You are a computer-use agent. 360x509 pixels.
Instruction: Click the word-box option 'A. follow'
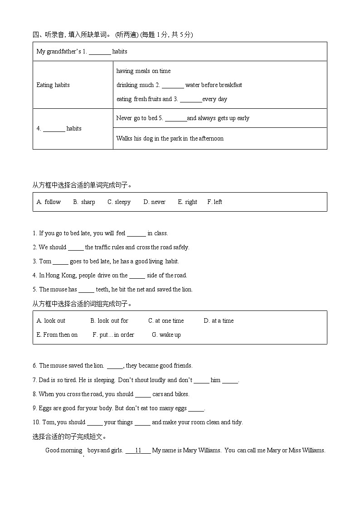tap(49, 202)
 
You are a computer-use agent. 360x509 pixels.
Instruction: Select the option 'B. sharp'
tap(84, 202)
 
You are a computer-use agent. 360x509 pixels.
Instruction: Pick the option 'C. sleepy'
tap(119, 202)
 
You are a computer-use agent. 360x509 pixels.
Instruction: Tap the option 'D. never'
tap(154, 202)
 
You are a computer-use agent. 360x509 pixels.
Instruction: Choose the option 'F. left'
tap(214, 202)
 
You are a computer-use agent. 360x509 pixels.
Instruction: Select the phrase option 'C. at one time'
tap(166, 321)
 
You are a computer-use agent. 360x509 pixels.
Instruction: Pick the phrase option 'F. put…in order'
tap(113, 335)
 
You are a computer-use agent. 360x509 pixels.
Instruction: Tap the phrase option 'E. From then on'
tap(57, 335)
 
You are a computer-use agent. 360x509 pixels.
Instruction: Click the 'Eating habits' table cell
tap(53, 85)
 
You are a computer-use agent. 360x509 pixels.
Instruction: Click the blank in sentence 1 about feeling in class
tap(136, 234)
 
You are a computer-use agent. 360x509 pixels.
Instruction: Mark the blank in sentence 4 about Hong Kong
tap(137, 276)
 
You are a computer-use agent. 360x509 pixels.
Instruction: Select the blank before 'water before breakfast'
tap(173, 86)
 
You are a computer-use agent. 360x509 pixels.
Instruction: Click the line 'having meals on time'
tap(143, 71)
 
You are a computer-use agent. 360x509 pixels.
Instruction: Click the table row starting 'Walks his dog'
tap(170, 139)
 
